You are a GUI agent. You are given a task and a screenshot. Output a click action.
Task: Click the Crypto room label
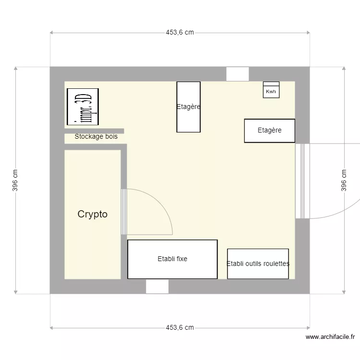(x=93, y=215)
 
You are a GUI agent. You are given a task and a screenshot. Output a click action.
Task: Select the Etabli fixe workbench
(x=172, y=259)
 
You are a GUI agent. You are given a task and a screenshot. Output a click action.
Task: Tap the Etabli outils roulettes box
(x=258, y=264)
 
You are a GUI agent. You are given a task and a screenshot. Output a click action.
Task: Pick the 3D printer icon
(x=83, y=107)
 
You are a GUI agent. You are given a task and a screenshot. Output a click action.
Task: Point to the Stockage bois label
(x=96, y=137)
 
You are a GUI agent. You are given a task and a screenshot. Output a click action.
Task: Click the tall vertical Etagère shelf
(x=188, y=107)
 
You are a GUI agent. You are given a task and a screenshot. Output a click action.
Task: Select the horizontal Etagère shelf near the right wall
(x=269, y=131)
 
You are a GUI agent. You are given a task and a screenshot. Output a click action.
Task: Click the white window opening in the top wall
(x=238, y=74)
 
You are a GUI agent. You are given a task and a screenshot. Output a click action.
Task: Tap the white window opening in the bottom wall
(x=157, y=287)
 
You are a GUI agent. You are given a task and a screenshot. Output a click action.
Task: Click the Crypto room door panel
(x=123, y=212)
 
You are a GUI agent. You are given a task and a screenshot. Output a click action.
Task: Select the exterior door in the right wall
(x=302, y=181)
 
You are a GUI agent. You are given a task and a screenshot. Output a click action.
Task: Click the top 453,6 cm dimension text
(x=180, y=33)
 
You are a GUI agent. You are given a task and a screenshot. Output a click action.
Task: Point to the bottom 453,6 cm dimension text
(x=180, y=328)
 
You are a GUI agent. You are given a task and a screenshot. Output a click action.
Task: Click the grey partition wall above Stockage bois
(x=94, y=131)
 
